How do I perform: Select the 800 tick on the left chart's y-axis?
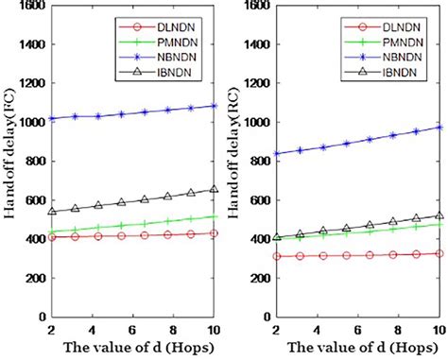[30, 162]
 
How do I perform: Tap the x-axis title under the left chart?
[132, 348]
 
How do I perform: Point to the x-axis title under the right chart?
[358, 348]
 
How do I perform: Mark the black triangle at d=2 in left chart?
[51, 212]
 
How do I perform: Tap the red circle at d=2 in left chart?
[51, 237]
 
